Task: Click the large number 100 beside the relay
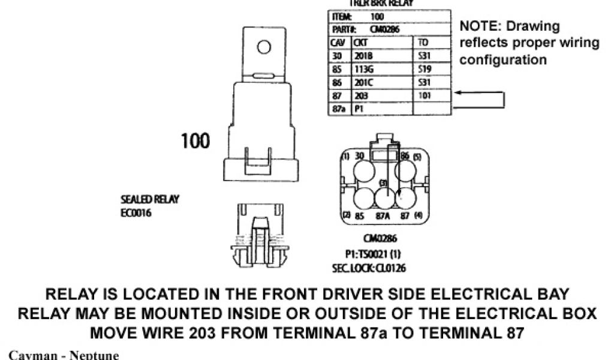pos(195,142)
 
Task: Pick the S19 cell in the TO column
pos(423,69)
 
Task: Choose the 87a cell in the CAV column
pos(337,109)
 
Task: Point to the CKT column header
pos(360,43)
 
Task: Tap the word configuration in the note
pos(502,60)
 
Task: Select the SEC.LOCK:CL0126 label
pos(368,268)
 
